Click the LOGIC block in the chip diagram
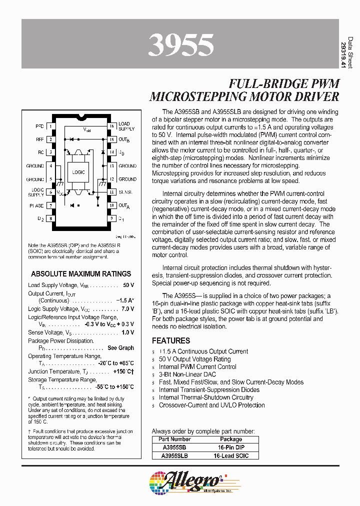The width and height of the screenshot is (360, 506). tap(78, 172)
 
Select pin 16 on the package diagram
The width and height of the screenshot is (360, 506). tap(112, 125)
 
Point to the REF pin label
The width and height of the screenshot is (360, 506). tap(40, 139)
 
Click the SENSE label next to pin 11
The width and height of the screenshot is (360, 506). tap(125, 191)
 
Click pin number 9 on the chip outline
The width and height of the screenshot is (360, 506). tap(112, 218)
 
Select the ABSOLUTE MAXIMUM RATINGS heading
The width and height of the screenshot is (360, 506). tap(81, 273)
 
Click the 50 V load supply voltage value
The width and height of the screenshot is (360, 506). tap(128, 285)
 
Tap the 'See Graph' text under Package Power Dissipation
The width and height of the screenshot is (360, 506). tap(120, 347)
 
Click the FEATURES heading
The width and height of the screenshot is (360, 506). tap(171, 340)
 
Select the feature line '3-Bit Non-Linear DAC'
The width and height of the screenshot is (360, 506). tap(187, 374)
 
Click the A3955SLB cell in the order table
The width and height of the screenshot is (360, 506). tap(174, 455)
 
